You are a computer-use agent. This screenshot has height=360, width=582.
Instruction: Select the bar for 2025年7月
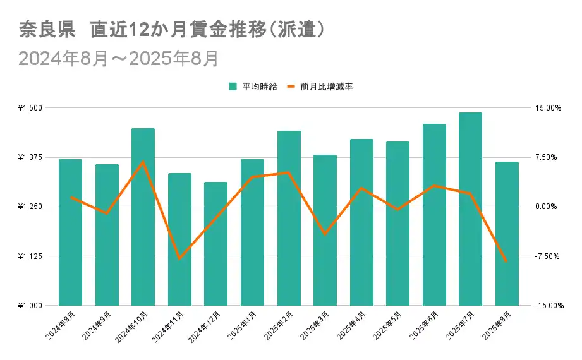[x=470, y=209]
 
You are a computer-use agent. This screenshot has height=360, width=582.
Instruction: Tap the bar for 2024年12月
[x=215, y=244]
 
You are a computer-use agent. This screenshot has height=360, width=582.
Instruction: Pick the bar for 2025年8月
[x=507, y=234]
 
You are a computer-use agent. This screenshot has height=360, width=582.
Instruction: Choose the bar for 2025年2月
[x=289, y=218]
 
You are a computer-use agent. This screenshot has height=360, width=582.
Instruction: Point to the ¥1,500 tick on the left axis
[x=30, y=108]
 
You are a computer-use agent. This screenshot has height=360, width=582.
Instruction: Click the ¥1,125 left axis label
[x=30, y=256]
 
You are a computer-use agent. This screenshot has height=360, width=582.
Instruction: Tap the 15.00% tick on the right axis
[x=547, y=108]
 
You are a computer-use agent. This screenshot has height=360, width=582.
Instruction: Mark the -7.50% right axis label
[x=547, y=256]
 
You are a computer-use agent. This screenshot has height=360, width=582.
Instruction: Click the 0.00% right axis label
[x=547, y=207]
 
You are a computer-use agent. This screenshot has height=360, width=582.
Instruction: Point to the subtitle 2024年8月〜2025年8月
[x=119, y=59]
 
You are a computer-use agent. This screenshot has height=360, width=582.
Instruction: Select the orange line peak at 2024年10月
[x=143, y=162]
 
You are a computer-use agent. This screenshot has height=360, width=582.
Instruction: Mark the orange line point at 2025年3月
[x=325, y=234]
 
